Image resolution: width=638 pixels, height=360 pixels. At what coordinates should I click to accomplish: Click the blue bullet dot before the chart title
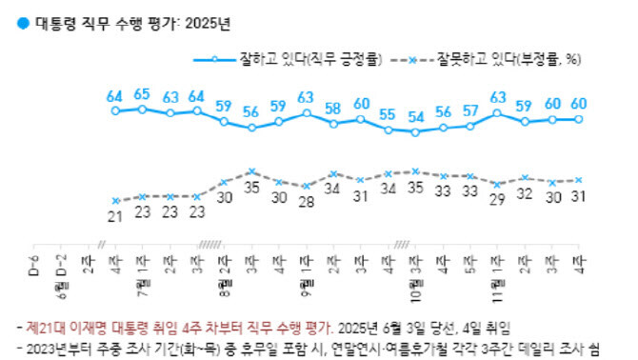point(10,20)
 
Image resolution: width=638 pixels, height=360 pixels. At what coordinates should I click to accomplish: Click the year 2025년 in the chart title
point(208,20)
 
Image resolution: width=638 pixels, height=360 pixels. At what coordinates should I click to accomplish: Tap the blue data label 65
point(142,93)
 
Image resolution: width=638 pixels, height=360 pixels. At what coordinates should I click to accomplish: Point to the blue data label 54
point(416,116)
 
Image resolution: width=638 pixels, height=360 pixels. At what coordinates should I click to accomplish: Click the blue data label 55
point(389,114)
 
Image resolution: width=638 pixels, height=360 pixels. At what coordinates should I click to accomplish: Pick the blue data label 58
point(334,108)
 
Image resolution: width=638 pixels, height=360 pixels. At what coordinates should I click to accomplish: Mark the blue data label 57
point(470,110)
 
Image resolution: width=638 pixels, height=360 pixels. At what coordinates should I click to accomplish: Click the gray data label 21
point(115,216)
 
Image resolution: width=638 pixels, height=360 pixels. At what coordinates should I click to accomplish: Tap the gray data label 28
point(307,202)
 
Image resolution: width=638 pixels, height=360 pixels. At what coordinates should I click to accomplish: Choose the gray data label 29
point(498,200)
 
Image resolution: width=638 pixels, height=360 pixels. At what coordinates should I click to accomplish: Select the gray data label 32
point(526,193)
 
